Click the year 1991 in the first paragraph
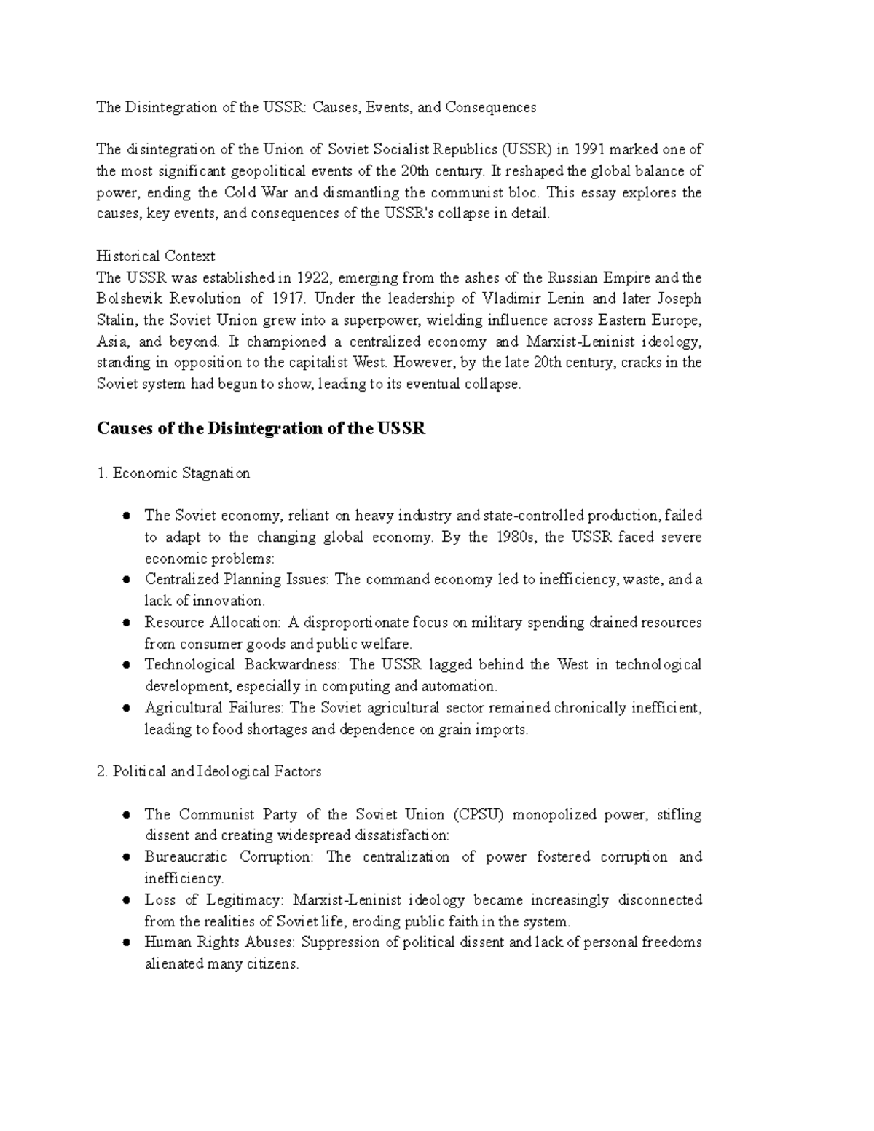[x=589, y=150]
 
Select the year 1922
[x=313, y=278]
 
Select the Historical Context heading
[x=156, y=256]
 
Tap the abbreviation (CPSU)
[x=478, y=815]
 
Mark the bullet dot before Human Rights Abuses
[x=127, y=942]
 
